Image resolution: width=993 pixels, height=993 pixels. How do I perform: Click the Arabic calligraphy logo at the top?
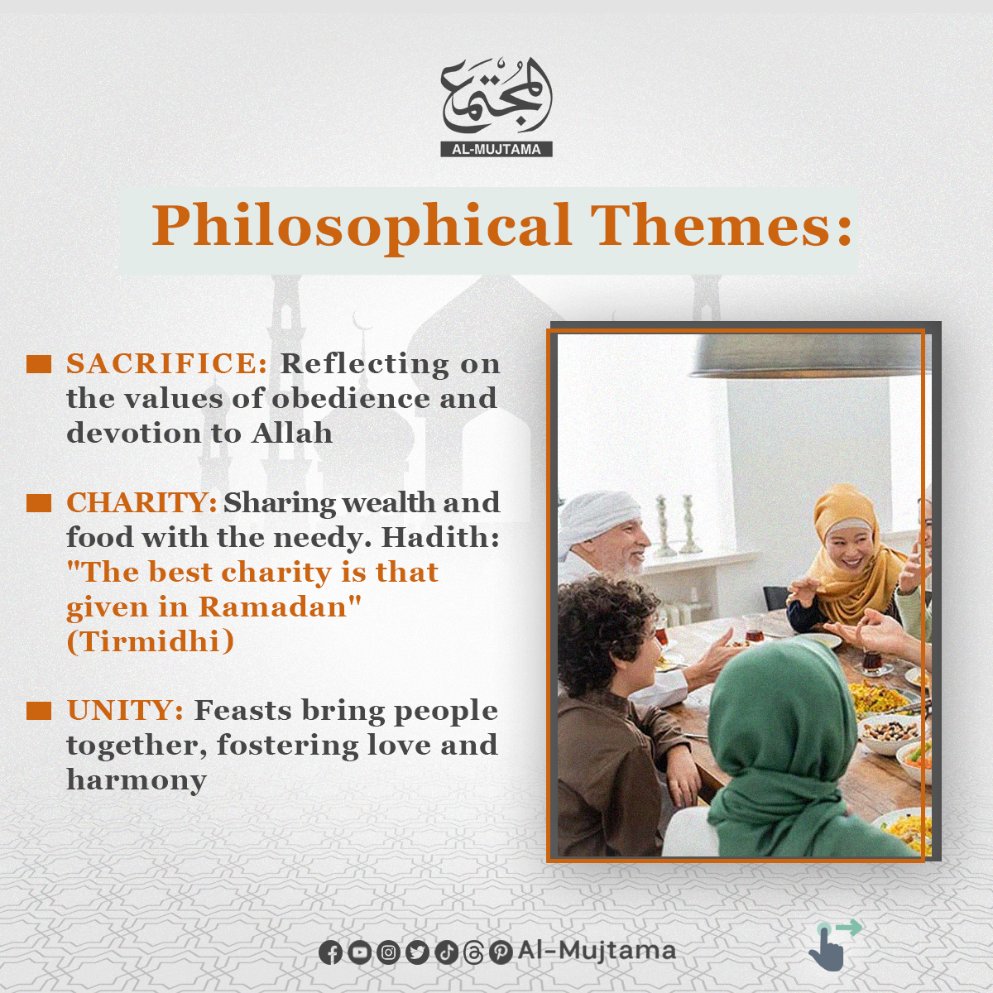[x=496, y=98]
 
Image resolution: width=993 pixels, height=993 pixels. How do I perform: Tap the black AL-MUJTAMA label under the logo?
[x=496, y=150]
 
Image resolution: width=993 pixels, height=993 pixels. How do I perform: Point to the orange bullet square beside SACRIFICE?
[x=39, y=364]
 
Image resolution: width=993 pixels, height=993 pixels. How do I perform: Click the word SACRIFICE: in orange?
[x=167, y=364]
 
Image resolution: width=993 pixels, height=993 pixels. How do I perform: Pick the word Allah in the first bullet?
[x=292, y=433]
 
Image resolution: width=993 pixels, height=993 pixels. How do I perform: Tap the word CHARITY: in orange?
[x=142, y=502]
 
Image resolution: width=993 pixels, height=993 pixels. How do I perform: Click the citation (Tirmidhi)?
[x=151, y=641]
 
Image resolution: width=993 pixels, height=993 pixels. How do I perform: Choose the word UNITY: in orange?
[x=125, y=711]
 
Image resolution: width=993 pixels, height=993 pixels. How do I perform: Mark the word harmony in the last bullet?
[x=137, y=781]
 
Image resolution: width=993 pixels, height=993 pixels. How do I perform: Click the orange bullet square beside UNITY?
[x=39, y=711]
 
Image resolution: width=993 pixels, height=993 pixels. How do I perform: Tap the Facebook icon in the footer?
[x=330, y=952]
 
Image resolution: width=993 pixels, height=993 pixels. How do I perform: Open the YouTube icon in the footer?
[x=359, y=952]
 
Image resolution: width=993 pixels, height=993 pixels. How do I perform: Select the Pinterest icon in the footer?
[x=501, y=952]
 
